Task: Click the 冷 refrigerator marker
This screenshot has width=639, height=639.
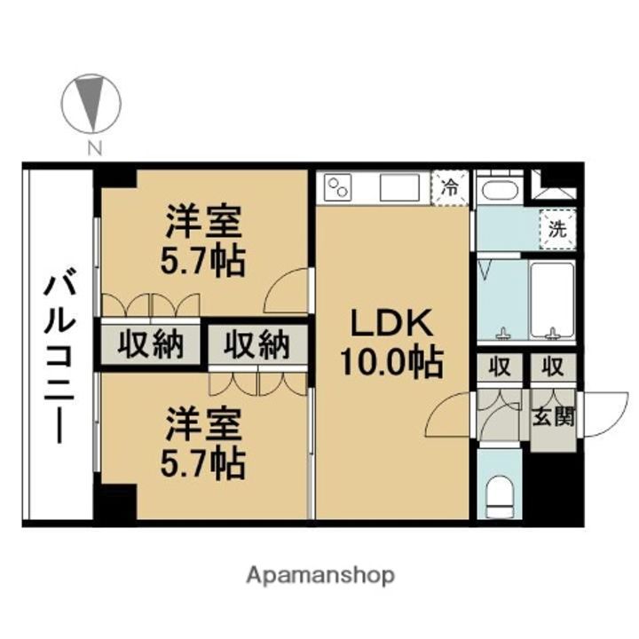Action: (451, 187)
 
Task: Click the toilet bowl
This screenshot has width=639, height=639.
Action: (501, 494)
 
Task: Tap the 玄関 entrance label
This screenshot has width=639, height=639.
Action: (553, 417)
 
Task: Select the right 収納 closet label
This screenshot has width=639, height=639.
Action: (256, 343)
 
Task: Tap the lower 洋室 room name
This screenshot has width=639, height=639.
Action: (203, 425)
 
